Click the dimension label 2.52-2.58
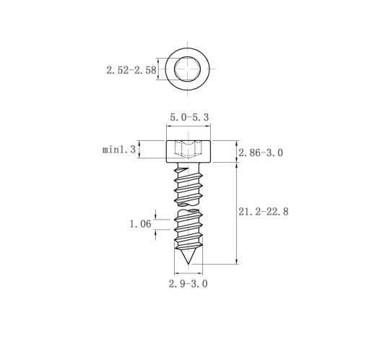131,70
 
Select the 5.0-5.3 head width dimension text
189,117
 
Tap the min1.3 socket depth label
119,150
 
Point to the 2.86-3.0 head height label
261,153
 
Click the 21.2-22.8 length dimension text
264,212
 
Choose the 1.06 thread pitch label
141,224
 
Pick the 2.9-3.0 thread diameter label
188,284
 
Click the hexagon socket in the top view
188,69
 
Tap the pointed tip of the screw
188,264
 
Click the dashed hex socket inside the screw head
188,150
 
